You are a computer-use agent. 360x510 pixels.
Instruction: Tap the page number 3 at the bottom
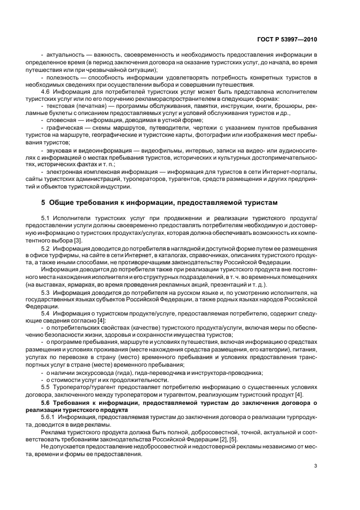point(315,465)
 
